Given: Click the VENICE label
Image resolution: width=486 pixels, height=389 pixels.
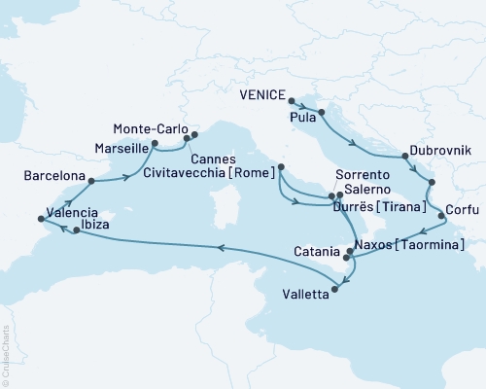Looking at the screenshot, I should tap(262, 96).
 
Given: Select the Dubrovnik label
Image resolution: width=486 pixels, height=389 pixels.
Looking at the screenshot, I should tap(440, 150).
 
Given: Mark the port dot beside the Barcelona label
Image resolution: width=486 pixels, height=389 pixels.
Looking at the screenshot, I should tap(90, 180).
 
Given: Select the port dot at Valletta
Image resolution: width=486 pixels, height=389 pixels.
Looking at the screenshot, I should tap(337, 285).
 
